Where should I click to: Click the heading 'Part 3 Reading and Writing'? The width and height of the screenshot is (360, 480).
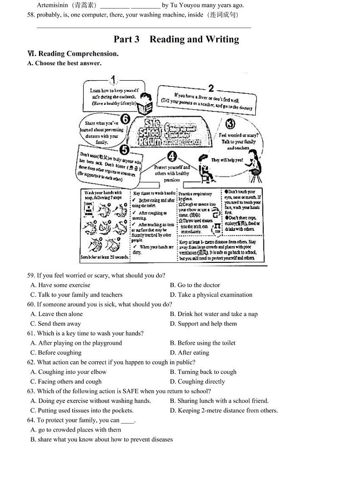176,39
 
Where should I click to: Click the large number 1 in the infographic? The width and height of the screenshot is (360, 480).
113,81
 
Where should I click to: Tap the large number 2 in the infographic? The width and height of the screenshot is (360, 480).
211,88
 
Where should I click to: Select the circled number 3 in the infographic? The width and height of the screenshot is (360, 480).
230,123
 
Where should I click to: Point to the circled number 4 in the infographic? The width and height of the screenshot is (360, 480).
172,157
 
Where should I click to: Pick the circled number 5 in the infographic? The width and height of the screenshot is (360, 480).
125,150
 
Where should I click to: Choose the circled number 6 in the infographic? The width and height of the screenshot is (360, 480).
125,120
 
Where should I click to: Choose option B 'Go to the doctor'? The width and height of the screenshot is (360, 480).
195,285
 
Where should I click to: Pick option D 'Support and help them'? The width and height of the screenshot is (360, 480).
203,324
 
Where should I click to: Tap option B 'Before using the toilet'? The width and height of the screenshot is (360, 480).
203,343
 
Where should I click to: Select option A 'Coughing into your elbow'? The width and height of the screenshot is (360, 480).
68,372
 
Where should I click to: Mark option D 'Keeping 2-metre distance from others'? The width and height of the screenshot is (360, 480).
224,411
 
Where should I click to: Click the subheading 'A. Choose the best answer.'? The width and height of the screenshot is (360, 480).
64,63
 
